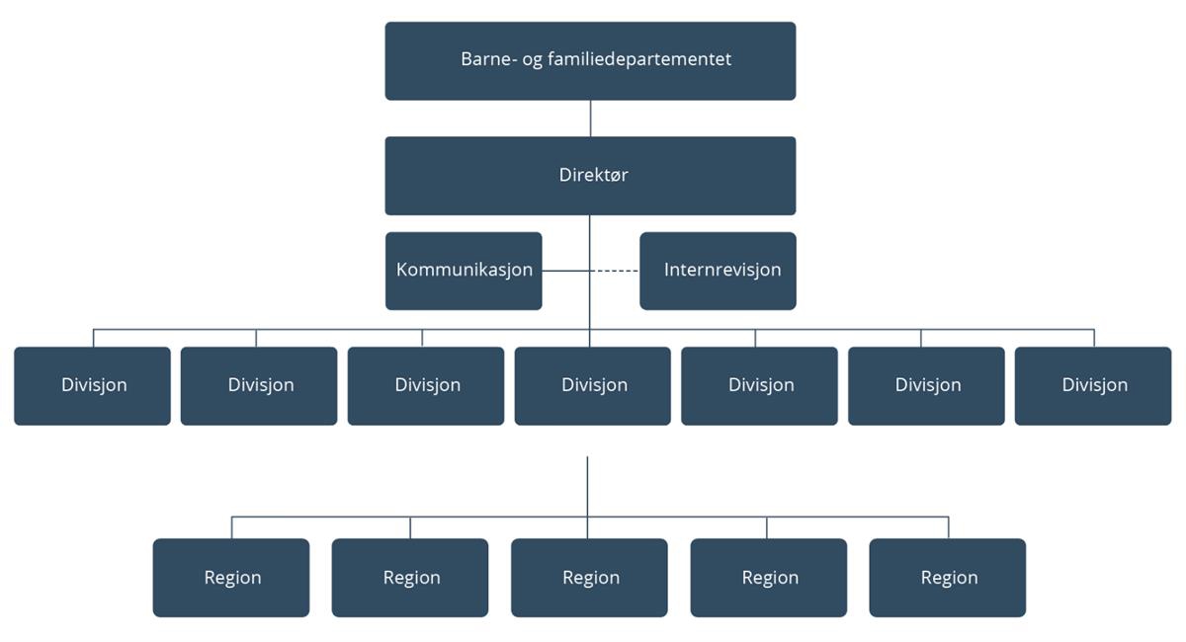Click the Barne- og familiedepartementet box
(x=590, y=60)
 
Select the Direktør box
(x=590, y=176)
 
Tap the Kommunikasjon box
(x=464, y=271)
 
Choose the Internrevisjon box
(x=718, y=271)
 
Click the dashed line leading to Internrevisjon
(x=615, y=271)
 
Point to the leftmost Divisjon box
(x=92, y=386)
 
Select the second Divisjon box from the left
(x=259, y=386)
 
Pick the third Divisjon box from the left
(x=426, y=386)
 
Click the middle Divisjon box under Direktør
(x=593, y=386)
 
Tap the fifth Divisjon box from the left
(x=759, y=386)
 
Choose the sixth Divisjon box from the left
(x=926, y=386)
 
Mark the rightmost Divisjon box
(x=1093, y=386)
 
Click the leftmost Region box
(x=231, y=578)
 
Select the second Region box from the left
(x=410, y=578)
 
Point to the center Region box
(x=589, y=578)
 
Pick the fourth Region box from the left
(x=768, y=578)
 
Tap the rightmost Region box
(x=947, y=578)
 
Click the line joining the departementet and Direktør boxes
(x=590, y=119)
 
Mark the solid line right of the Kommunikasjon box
(x=565, y=271)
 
